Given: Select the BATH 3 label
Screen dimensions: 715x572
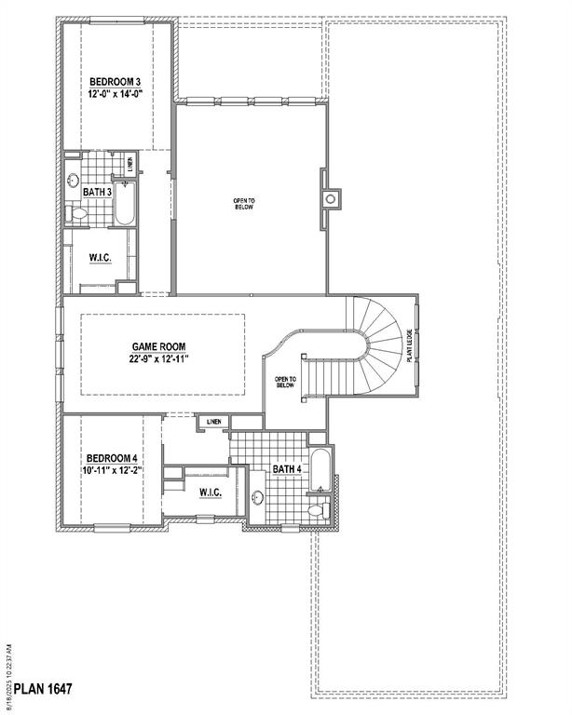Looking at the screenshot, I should pyautogui.click(x=98, y=192).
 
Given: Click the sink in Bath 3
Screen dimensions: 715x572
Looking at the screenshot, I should pyautogui.click(x=74, y=182).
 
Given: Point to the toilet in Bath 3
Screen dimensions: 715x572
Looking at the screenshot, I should pyautogui.click(x=78, y=214).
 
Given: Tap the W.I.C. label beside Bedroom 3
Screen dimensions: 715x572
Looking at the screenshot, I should pyautogui.click(x=102, y=257).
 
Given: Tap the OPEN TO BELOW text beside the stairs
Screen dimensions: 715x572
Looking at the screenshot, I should pyautogui.click(x=285, y=383).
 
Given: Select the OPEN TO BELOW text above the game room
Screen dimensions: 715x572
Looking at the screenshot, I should pyautogui.click(x=244, y=203).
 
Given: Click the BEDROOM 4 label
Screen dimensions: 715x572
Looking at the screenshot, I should pyautogui.click(x=112, y=458).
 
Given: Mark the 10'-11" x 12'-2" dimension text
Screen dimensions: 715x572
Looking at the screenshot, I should pyautogui.click(x=112, y=471).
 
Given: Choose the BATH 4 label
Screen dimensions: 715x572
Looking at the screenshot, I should pyautogui.click(x=286, y=469).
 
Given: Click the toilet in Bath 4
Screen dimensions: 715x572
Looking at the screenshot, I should pyautogui.click(x=317, y=508).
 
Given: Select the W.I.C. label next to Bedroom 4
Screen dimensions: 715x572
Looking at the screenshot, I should pyautogui.click(x=209, y=492).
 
